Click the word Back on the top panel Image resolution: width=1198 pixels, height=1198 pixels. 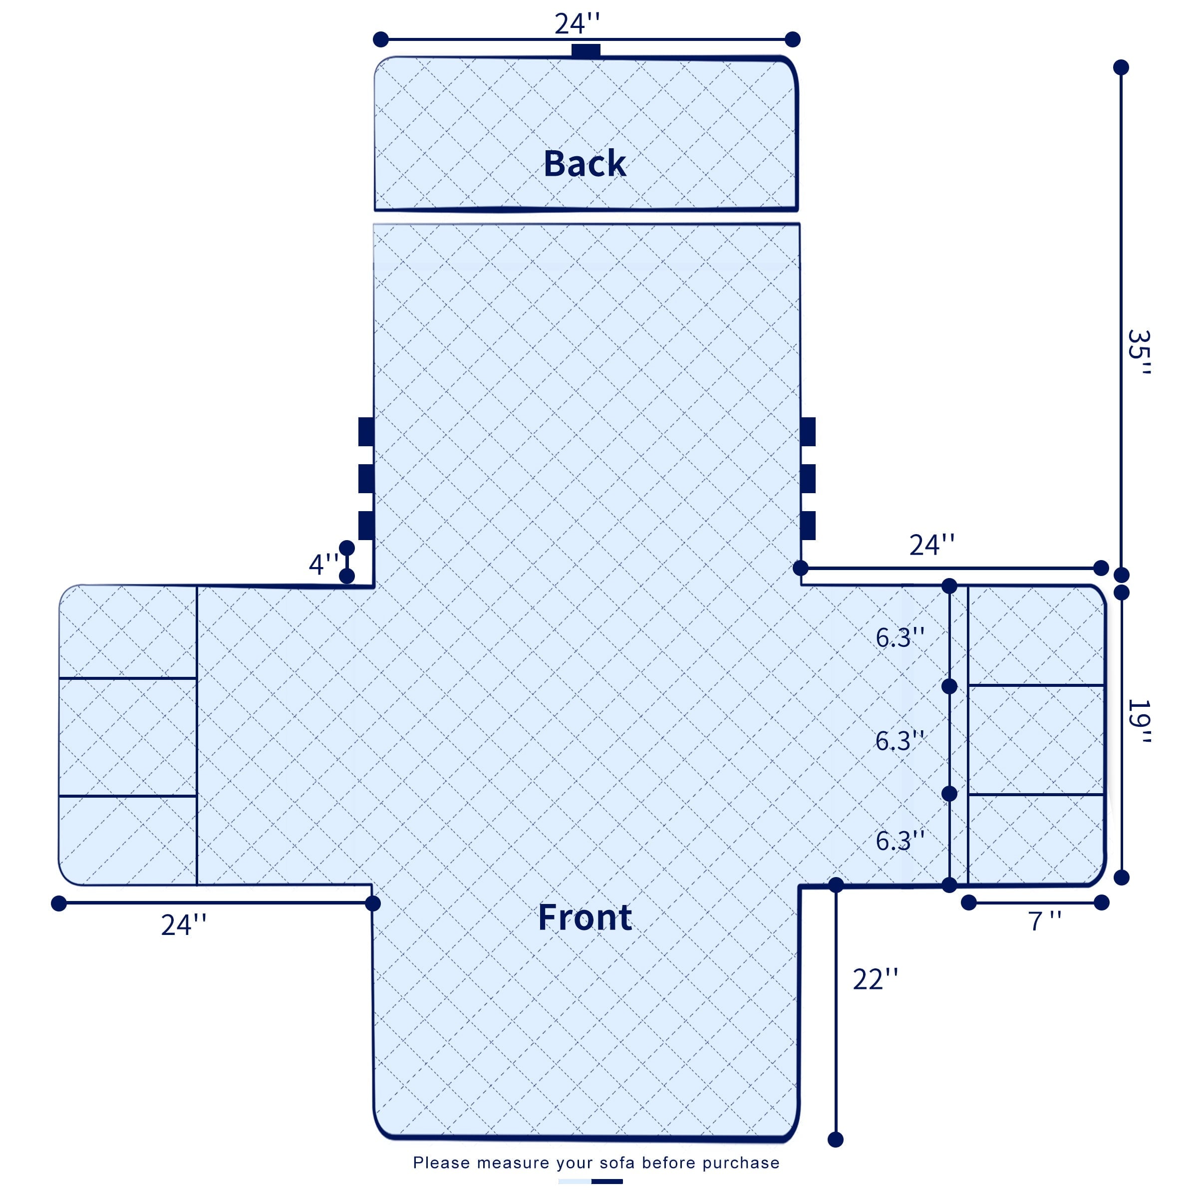point(585,164)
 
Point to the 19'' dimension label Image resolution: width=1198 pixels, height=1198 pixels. point(1139,722)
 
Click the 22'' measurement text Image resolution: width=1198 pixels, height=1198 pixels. point(876,979)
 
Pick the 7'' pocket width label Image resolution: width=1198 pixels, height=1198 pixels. point(1045,921)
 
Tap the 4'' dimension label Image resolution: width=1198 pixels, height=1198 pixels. point(323,564)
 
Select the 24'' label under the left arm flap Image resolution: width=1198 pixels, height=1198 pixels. point(184,924)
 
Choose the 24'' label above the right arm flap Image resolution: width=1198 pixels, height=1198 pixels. point(932,545)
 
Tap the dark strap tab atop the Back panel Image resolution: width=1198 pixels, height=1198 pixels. point(586,51)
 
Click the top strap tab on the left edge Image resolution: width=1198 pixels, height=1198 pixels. point(366,432)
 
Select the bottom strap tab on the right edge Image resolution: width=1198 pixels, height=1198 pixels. point(808,526)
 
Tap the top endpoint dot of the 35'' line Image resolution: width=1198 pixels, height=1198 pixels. point(1121,67)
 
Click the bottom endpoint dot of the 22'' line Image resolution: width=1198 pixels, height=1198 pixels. point(836,1139)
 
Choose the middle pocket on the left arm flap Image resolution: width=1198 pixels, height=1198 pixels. point(128,737)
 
